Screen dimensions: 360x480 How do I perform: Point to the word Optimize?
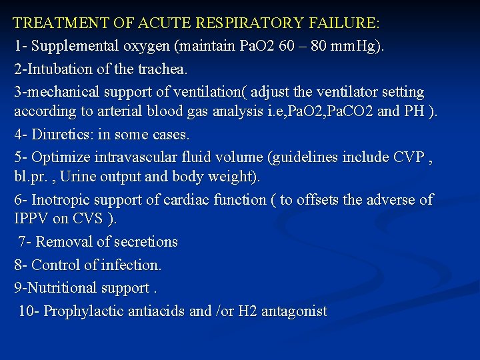[59, 157]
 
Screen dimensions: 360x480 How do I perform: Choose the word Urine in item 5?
[107, 177]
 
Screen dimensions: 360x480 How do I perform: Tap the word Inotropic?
[61, 199]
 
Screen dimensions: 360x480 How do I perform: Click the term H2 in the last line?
[249, 311]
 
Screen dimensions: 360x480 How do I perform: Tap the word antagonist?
[295, 311]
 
